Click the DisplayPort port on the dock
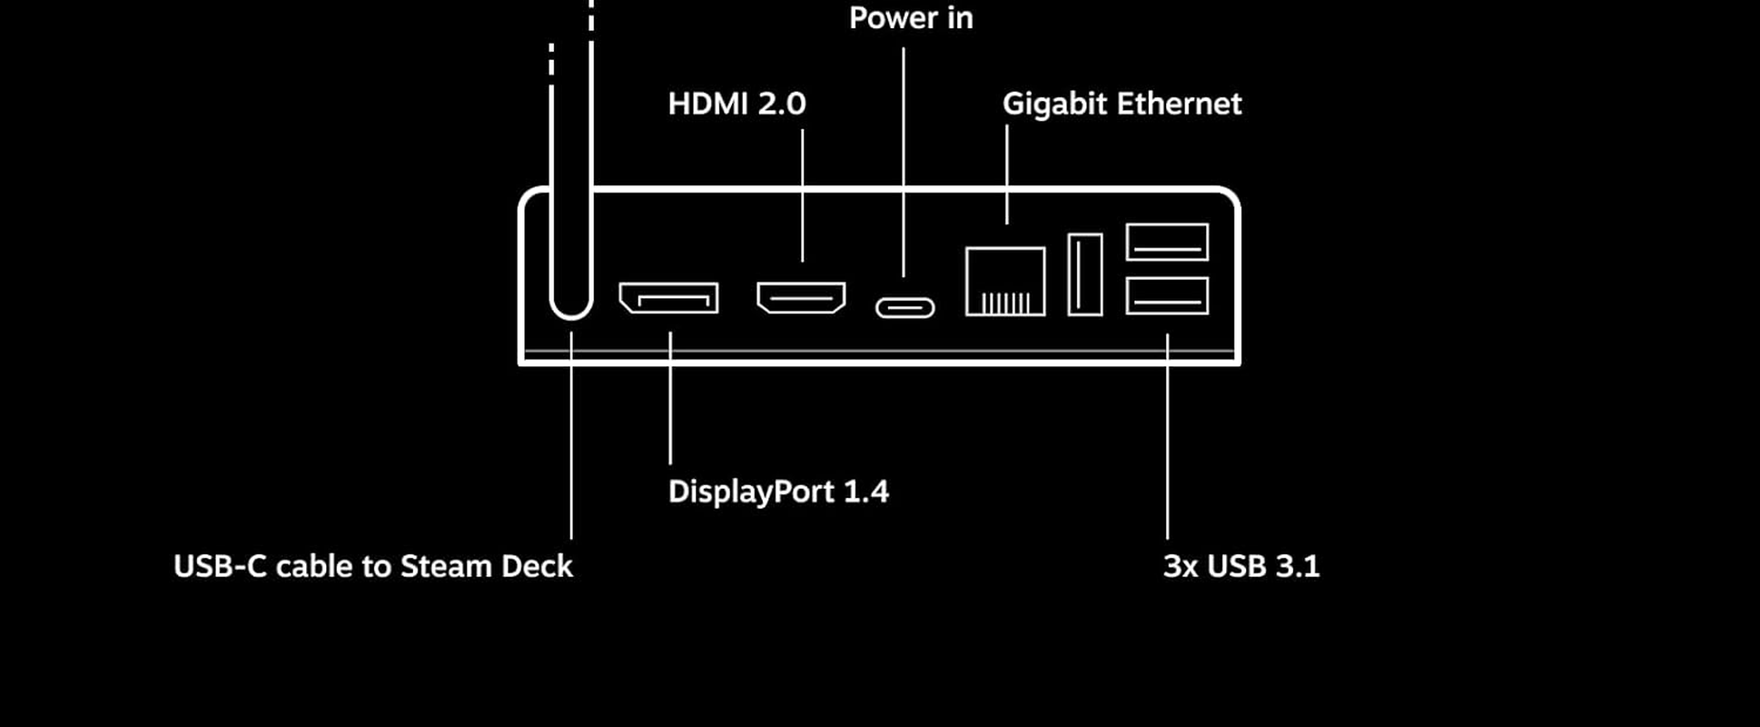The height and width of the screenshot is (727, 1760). click(668, 298)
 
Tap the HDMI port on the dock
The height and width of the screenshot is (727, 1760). click(801, 297)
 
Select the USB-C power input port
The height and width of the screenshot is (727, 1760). click(905, 308)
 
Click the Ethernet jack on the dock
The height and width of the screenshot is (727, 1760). click(1005, 282)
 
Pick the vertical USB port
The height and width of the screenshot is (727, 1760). click(1085, 274)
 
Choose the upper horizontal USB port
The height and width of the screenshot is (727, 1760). click(1167, 242)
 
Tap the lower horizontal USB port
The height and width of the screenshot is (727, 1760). click(1167, 296)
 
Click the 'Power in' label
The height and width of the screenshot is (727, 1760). click(911, 18)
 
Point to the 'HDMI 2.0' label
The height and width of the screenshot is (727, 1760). click(737, 104)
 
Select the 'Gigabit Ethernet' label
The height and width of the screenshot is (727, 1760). click(1122, 104)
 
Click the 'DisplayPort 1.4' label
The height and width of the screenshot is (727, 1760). click(778, 492)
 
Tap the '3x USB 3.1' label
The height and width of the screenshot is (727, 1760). click(1241, 566)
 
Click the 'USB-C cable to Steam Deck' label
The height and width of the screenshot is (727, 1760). click(373, 566)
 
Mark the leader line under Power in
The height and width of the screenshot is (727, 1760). click(904, 164)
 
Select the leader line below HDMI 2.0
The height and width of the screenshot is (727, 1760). click(802, 195)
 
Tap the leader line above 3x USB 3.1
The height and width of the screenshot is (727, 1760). click(1167, 436)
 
